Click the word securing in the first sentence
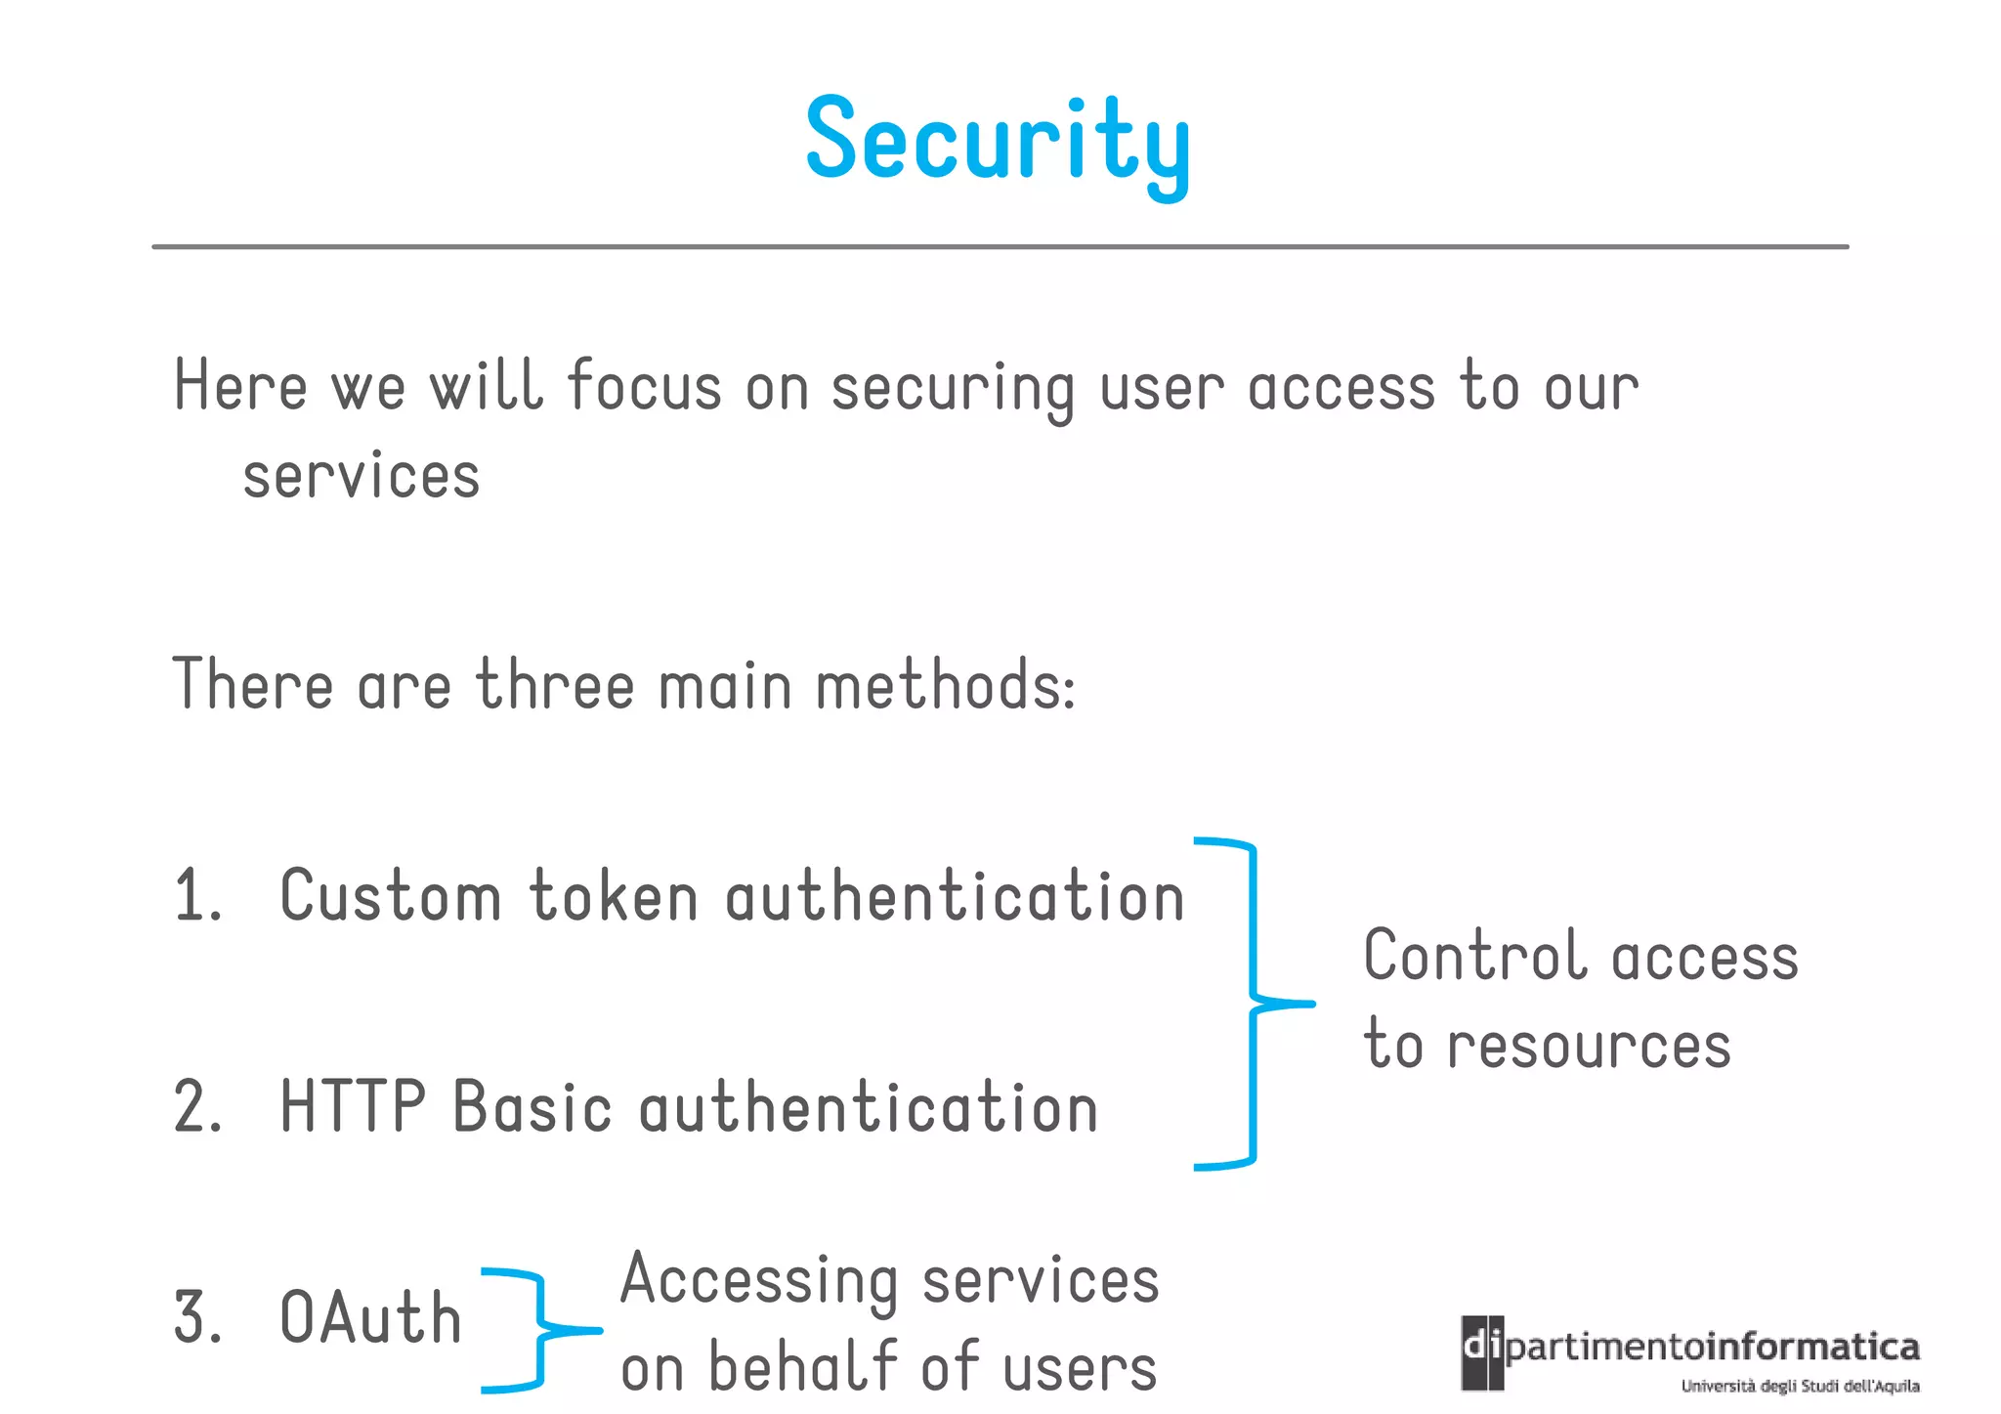point(952,388)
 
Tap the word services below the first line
point(362,477)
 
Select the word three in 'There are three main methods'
point(555,685)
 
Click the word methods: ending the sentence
point(945,685)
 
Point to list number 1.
point(196,896)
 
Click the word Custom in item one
point(390,896)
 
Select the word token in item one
point(614,896)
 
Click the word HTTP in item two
point(353,1107)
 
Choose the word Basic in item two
point(532,1107)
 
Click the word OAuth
point(369,1317)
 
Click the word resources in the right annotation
point(1589,1046)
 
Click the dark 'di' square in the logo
point(1482,1351)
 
